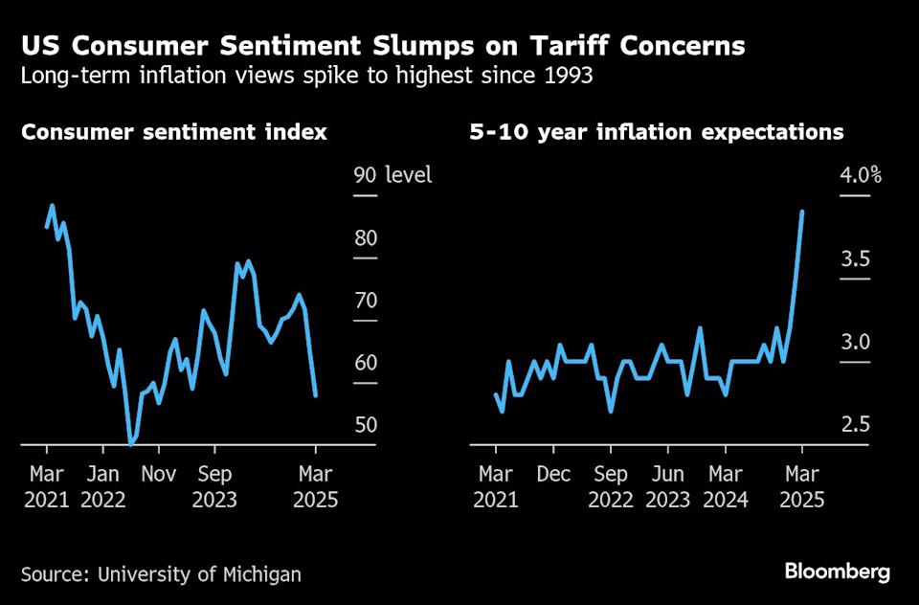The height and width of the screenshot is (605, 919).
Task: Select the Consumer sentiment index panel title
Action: click(174, 132)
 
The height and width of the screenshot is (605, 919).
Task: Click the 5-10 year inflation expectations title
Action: click(657, 132)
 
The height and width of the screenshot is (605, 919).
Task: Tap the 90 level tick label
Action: click(392, 175)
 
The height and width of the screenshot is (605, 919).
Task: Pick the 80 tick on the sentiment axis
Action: click(366, 238)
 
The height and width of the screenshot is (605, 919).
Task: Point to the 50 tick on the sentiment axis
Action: click(366, 425)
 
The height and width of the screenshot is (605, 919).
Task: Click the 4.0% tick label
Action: click(861, 175)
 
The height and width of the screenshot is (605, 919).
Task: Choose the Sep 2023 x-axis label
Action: click(214, 485)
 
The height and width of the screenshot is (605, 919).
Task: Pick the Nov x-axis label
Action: click(159, 473)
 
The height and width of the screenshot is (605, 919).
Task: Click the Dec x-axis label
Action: click(553, 473)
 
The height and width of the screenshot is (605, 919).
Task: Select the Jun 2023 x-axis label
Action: click(668, 485)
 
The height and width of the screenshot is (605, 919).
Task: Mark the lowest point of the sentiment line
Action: click(131, 444)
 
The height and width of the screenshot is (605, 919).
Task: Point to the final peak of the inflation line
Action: click(802, 212)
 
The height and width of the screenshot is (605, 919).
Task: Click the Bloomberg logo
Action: click(838, 572)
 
